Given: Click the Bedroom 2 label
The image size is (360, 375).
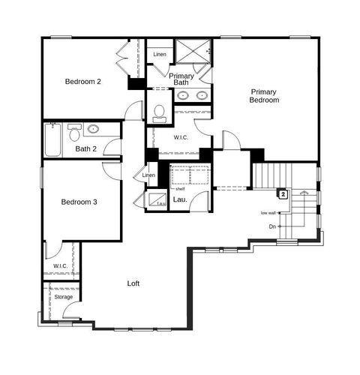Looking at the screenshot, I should point(82,81).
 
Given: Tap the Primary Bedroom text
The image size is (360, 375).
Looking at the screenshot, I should point(265,95).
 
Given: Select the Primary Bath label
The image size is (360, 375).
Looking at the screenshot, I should point(182,79).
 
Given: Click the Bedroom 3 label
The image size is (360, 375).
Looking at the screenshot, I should point(79,202).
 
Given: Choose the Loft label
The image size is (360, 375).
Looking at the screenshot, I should point(133,283).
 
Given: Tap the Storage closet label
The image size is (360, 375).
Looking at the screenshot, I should point(64,297).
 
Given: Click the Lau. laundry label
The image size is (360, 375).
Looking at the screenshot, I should point(180,199).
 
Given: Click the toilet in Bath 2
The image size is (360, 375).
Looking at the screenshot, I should point(74,133).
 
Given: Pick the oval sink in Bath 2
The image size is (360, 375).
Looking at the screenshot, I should point(94,129).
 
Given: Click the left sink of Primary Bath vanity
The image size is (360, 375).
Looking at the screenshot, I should point(184,96).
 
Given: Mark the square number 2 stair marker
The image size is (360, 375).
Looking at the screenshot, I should point(283,194).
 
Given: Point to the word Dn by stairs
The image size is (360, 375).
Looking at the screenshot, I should point(272,226).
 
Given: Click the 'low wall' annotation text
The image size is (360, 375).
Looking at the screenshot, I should point(268,213).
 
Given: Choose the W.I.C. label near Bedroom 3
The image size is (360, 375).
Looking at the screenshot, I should point(60,267).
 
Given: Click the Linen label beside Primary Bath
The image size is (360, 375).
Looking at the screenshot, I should point(160,55).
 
